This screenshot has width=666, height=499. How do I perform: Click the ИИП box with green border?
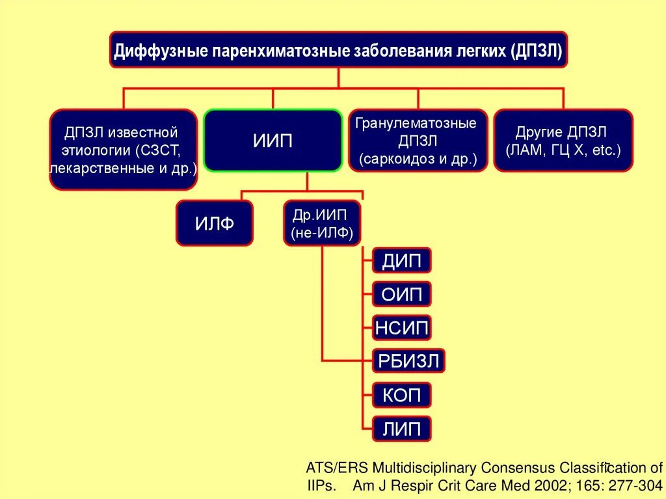coord(273,141)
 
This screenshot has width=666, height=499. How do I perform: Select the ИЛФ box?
coord(214,224)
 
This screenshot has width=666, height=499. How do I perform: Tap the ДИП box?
coord(402,262)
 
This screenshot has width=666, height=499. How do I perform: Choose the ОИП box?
coord(402,295)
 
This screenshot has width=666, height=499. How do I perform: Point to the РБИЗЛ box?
coord(409,361)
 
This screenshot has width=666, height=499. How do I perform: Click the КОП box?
coord(402,394)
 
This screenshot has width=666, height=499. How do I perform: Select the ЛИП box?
coord(402,428)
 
